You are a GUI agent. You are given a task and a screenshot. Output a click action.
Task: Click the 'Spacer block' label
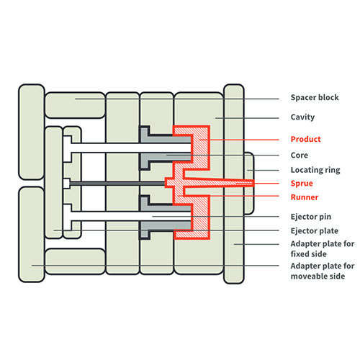(315, 97)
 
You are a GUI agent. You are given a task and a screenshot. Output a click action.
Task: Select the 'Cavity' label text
(302, 117)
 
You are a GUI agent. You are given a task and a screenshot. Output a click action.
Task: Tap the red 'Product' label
(305, 139)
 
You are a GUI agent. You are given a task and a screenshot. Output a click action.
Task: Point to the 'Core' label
(300, 156)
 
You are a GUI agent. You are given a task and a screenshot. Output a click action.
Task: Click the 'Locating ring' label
(315, 170)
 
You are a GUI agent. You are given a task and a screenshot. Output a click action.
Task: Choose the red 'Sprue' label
(302, 184)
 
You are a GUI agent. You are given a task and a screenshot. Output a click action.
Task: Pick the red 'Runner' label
(305, 197)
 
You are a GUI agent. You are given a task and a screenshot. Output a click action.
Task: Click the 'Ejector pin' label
(311, 217)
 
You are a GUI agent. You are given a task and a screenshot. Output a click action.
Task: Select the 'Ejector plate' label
(315, 231)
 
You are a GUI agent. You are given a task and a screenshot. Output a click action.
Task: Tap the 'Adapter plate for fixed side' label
(323, 249)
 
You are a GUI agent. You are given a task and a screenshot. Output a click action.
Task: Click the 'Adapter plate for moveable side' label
(323, 271)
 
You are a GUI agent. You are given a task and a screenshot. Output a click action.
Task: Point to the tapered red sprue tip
(254, 184)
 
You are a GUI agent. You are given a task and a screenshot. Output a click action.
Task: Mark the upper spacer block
(75, 105)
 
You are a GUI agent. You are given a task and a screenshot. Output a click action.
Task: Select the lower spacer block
(75, 261)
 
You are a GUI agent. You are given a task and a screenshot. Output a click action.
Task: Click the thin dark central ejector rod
(117, 184)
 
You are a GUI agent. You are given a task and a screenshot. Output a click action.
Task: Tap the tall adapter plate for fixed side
(234, 184)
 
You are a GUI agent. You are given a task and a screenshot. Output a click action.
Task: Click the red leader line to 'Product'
(239, 140)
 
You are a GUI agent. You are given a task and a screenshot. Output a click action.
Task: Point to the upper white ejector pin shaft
(131, 148)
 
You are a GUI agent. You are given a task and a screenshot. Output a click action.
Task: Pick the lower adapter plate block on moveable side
(32, 235)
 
